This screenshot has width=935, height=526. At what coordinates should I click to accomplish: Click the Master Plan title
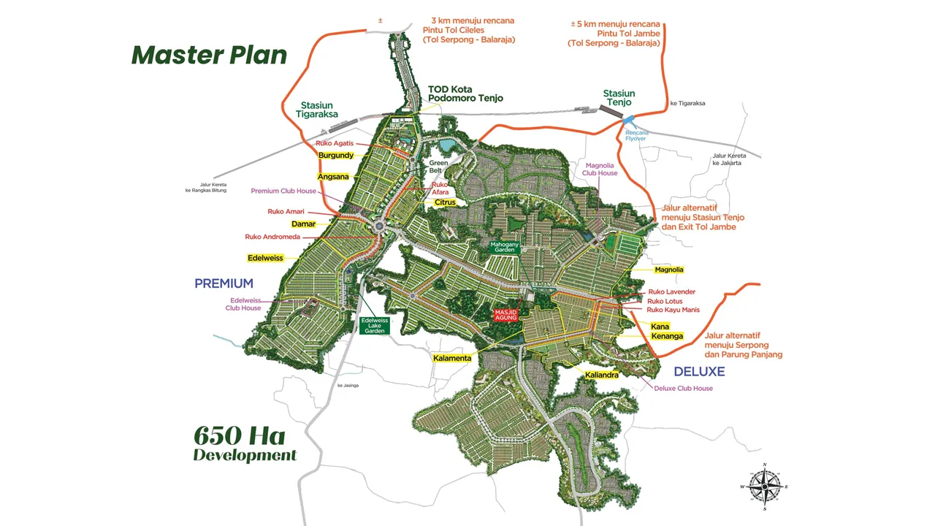tap(209, 56)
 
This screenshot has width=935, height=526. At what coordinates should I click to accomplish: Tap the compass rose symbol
tap(764, 486)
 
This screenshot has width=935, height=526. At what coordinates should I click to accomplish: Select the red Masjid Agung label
tap(506, 315)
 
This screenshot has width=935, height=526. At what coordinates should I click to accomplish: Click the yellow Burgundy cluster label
tap(336, 156)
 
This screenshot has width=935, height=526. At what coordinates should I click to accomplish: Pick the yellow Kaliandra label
tap(602, 375)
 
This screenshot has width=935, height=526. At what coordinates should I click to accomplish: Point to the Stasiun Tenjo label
tap(619, 98)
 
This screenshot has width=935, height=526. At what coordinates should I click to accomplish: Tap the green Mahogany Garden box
tap(504, 246)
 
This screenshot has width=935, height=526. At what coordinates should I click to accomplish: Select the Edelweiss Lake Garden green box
tap(375, 325)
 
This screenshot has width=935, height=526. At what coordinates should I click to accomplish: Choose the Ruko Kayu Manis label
tap(673, 310)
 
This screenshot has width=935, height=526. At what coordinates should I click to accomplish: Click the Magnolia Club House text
tap(600, 169)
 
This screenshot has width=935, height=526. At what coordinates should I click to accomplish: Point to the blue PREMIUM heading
tap(224, 283)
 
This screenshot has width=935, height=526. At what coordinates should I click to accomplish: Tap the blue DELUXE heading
tap(699, 371)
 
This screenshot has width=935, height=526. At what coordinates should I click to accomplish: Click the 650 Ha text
tap(239, 435)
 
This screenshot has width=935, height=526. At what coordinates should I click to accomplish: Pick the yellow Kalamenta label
tap(452, 358)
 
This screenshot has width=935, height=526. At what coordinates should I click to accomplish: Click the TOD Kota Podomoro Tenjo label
tap(465, 94)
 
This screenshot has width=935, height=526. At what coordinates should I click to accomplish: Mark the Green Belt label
tap(438, 167)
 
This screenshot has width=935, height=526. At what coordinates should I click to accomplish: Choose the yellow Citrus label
tap(445, 202)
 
